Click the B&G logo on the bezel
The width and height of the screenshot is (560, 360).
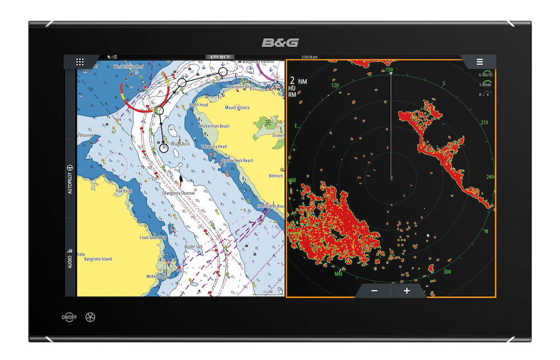click(x=279, y=43)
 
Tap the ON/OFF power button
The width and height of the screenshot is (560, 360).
click(x=69, y=317)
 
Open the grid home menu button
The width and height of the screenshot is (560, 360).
click(x=80, y=62)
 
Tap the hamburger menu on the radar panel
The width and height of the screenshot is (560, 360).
click(x=479, y=62)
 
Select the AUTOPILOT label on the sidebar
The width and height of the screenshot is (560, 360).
click(x=70, y=180)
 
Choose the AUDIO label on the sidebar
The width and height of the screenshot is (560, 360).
click(x=70, y=258)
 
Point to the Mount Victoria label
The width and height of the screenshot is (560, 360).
click(x=237, y=107)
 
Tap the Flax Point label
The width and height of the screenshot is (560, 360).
click(x=123, y=191)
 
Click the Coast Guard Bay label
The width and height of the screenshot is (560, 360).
click(x=153, y=237)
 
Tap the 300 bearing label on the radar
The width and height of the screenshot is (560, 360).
click(x=447, y=272)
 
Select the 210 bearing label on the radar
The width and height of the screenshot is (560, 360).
click(x=484, y=123)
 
